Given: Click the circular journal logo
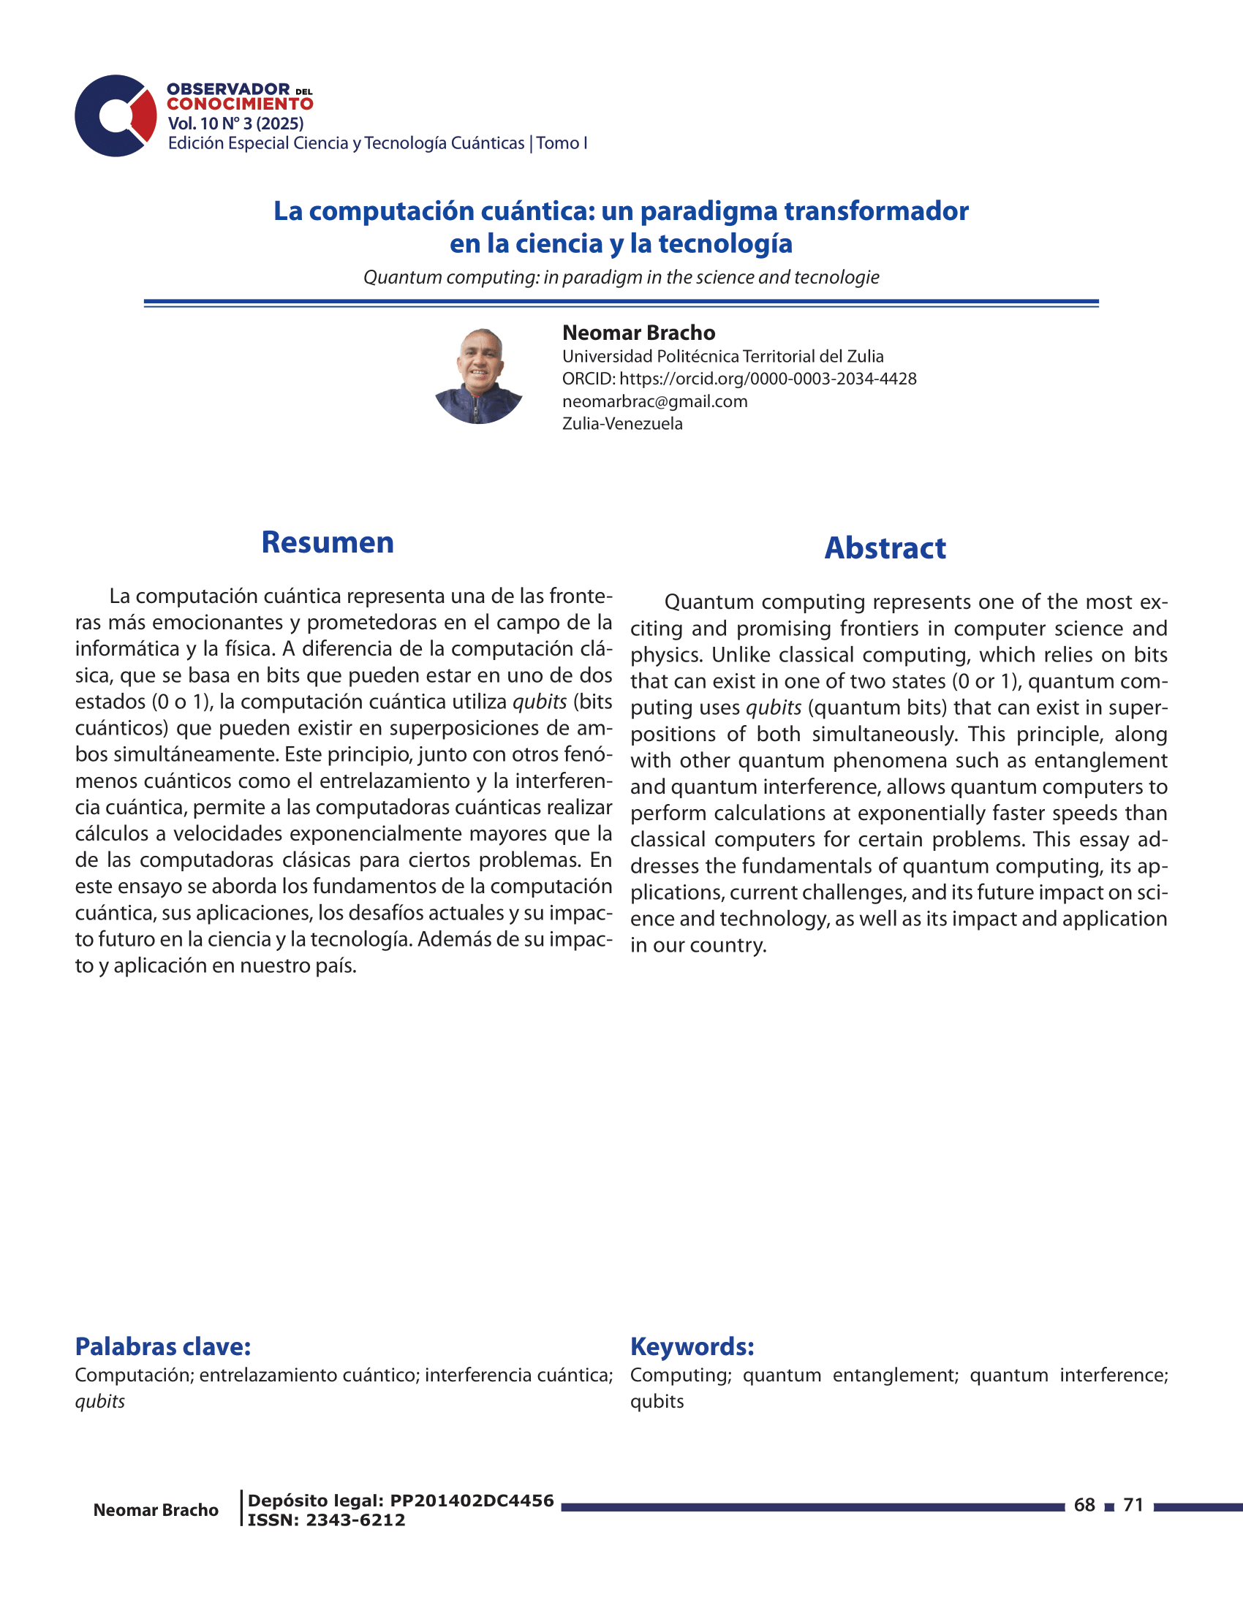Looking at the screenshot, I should click(116, 115).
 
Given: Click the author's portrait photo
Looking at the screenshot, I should click(479, 376).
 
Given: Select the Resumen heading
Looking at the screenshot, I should click(328, 542).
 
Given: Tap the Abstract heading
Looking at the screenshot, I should click(885, 547).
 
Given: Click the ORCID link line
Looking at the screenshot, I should click(738, 379).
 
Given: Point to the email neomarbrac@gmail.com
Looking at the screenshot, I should click(654, 401).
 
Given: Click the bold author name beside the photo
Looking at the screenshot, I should click(638, 333).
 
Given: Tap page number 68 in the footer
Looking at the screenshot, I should click(1084, 1505).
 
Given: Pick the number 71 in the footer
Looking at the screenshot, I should click(1133, 1505).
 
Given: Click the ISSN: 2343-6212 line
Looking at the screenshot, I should click(326, 1520).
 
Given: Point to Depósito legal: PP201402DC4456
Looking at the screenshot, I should click(401, 1501).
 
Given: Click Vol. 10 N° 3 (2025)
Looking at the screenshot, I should click(235, 124).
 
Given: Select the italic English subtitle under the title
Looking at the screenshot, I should click(621, 278).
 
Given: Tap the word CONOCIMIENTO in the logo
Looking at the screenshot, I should click(240, 105).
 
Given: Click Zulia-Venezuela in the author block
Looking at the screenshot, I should click(622, 424).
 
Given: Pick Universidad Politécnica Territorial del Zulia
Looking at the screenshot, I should click(722, 357).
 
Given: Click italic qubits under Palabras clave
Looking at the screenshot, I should click(100, 1401).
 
